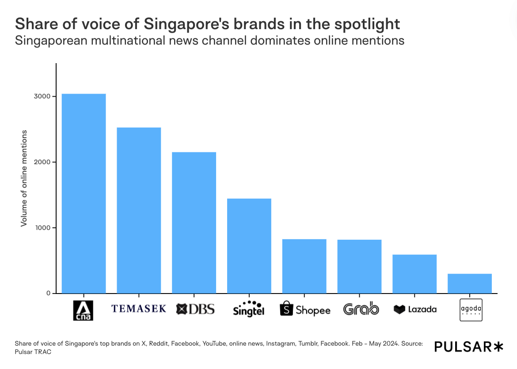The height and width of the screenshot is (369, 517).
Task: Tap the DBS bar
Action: (x=194, y=222)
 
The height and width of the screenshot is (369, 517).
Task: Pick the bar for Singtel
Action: (x=249, y=246)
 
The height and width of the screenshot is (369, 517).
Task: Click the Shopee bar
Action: (x=304, y=266)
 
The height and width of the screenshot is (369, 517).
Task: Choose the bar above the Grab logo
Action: (x=359, y=267)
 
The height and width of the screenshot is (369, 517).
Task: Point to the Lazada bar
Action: (x=414, y=274)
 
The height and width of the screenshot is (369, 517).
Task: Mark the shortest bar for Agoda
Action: (x=470, y=283)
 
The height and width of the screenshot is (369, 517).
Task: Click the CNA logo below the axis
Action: (x=83, y=310)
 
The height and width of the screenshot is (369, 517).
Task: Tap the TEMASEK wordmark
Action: (x=139, y=309)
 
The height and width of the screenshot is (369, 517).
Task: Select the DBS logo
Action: (x=195, y=309)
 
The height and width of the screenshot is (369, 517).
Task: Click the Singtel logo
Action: (x=249, y=309)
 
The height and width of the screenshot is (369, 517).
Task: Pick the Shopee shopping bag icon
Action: (x=287, y=309)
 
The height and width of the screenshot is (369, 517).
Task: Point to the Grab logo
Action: (x=361, y=309)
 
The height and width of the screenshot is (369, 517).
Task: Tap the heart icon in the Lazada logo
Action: (x=399, y=309)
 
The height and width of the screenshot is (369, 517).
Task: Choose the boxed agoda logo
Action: (x=471, y=310)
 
